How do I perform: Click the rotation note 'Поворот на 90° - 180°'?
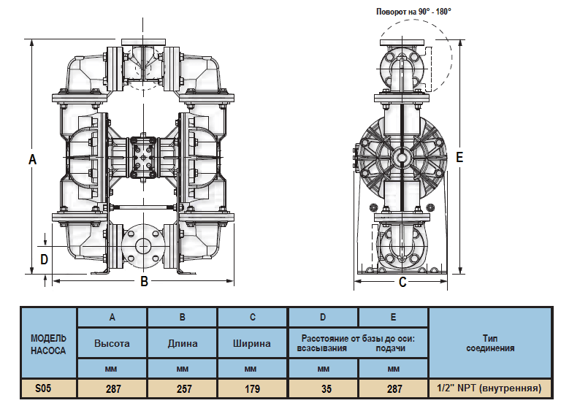(x=413, y=12)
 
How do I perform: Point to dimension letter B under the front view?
(x=145, y=282)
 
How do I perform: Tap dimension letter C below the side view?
(x=402, y=283)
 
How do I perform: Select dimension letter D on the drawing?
(x=44, y=258)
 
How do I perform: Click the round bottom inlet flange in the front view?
(x=143, y=245)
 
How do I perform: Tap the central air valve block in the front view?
(x=144, y=156)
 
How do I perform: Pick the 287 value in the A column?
(x=113, y=388)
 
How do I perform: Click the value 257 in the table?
(x=183, y=388)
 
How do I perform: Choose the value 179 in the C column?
(x=252, y=388)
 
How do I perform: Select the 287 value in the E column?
(x=393, y=388)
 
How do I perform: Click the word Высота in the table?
(x=112, y=343)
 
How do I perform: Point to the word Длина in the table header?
(x=183, y=343)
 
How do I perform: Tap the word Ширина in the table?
(x=252, y=343)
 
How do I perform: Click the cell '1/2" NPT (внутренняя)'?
(x=489, y=388)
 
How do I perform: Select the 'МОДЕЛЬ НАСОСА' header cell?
(x=48, y=344)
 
